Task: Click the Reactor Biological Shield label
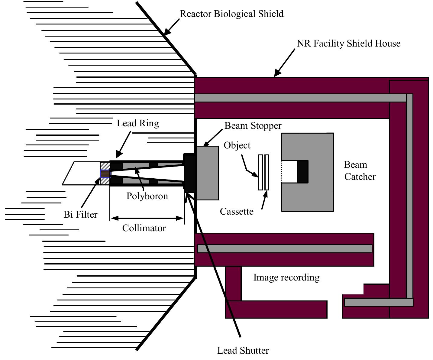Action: pyautogui.click(x=231, y=14)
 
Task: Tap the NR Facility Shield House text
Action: pyautogui.click(x=348, y=44)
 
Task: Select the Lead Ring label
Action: pyautogui.click(x=137, y=123)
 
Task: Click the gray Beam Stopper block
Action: pyautogui.click(x=208, y=173)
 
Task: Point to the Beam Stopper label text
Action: pyautogui.click(x=253, y=126)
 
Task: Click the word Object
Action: pyautogui.click(x=237, y=145)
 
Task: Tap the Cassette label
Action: pyautogui.click(x=236, y=211)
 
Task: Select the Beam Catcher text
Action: pyautogui.click(x=359, y=171)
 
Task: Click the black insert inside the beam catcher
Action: pyautogui.click(x=302, y=172)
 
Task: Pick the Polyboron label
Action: pyautogui.click(x=147, y=196)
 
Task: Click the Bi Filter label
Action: pyautogui.click(x=80, y=215)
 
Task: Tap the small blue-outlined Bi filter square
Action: pyautogui.click(x=105, y=174)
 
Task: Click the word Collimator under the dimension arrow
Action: pyautogui.click(x=144, y=228)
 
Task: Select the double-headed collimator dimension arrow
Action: pyautogui.click(x=147, y=218)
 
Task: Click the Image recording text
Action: pyautogui.click(x=286, y=277)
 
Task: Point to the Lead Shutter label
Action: pyautogui.click(x=243, y=351)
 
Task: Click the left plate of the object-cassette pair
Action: pyautogui.click(x=260, y=172)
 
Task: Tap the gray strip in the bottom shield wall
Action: pyautogui.click(x=284, y=249)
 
